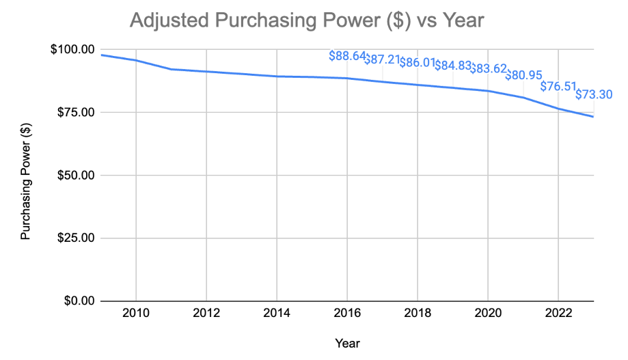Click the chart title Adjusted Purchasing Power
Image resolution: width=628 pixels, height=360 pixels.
306,20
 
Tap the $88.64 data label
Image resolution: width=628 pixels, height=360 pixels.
346,55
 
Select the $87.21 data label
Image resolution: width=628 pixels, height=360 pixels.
382,59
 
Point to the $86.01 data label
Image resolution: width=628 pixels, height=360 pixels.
417,63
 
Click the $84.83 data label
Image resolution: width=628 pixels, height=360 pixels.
452,66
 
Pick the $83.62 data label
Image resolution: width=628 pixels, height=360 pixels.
488,69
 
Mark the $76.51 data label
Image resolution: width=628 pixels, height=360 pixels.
558,86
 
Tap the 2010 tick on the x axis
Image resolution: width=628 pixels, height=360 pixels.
135,315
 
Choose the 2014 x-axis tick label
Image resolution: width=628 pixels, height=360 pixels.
277,315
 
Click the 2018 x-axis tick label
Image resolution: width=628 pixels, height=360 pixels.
418,315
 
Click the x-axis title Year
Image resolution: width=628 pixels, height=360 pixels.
347,343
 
